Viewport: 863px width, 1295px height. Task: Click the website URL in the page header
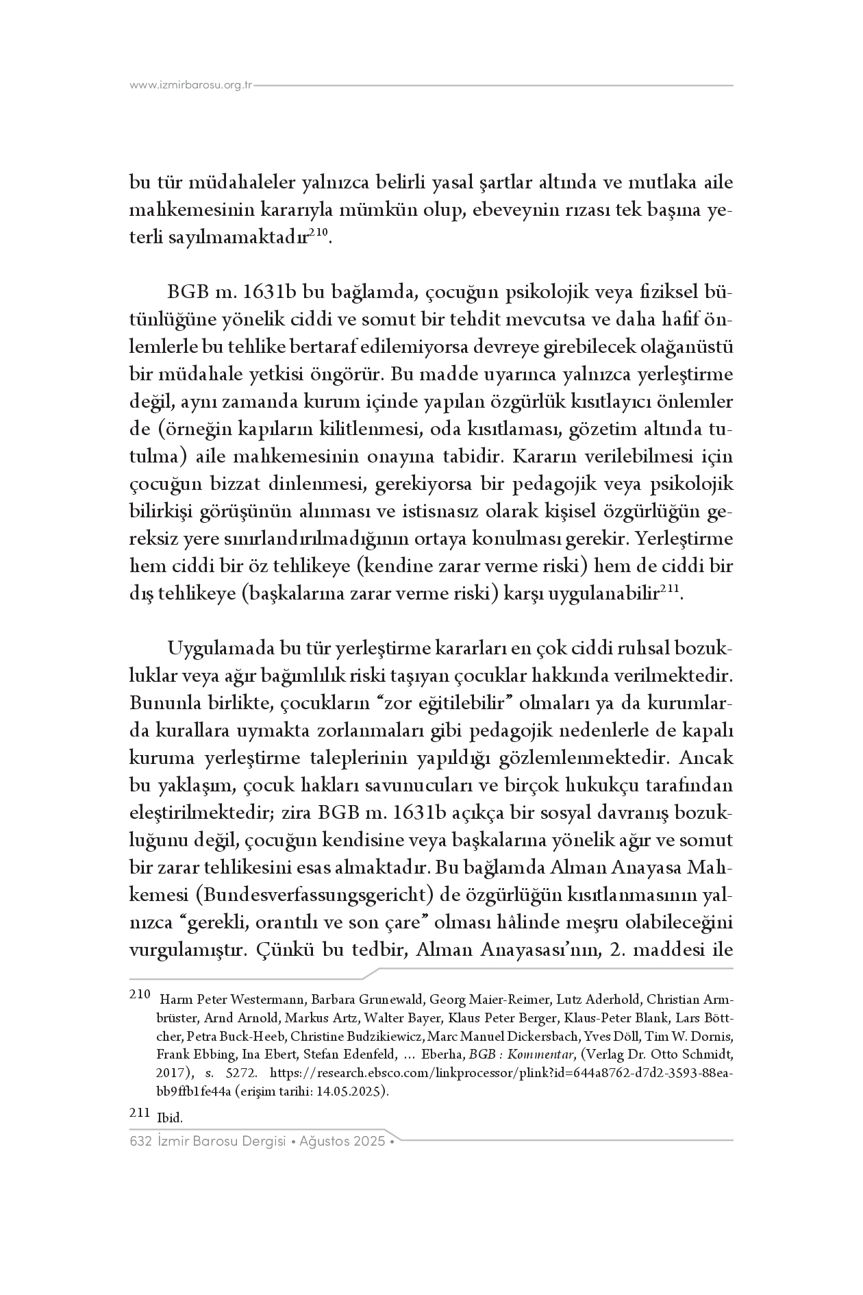(x=191, y=86)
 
